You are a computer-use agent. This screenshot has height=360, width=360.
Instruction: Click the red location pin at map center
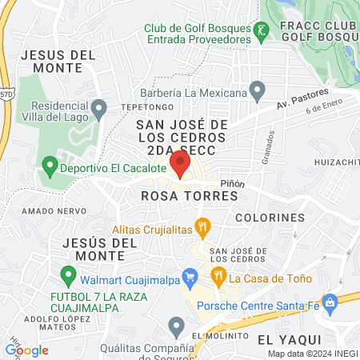coord(180,165)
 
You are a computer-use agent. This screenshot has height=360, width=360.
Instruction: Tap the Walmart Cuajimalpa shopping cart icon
coord(190,279)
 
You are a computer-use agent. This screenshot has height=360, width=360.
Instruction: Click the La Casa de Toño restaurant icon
coord(218,277)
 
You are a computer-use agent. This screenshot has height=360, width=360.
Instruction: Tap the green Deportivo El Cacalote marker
coord(50,168)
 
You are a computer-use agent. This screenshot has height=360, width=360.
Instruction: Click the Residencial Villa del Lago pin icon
coord(98,107)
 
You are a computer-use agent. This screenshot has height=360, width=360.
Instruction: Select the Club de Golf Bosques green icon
coord(261,34)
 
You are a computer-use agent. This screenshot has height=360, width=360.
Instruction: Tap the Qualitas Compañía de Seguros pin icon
coord(177,325)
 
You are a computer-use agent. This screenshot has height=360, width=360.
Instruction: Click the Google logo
coord(26,350)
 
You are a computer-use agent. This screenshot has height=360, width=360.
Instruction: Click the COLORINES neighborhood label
coord(270,217)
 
